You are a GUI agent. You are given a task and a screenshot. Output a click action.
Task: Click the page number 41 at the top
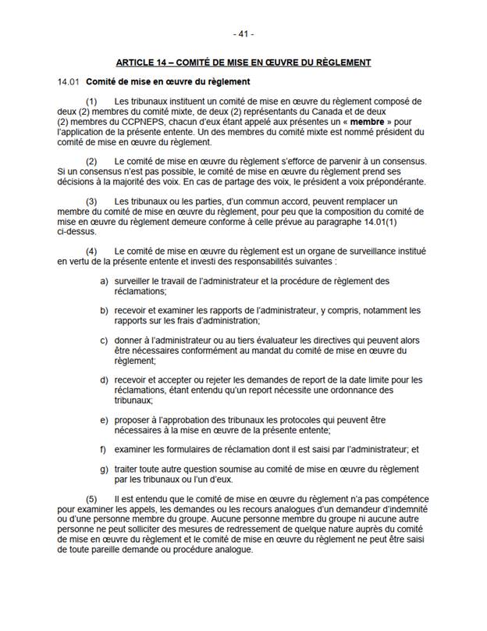coord(243,34)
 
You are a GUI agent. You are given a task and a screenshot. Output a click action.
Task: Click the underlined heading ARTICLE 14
coord(243,62)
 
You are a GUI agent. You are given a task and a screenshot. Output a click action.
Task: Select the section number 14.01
coord(68,82)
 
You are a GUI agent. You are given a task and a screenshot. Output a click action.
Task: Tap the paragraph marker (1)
coord(91,102)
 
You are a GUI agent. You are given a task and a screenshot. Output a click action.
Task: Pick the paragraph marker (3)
coord(91,201)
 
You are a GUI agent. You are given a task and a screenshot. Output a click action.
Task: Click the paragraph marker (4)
coord(91,251)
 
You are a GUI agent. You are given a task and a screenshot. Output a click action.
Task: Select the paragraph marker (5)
coord(91,498)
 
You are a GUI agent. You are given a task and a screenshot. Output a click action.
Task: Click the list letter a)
coord(105,280)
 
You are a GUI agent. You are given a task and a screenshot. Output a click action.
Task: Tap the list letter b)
coord(105,310)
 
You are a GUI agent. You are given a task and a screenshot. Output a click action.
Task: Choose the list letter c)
coord(105,340)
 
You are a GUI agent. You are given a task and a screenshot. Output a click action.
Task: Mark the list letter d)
coord(105,380)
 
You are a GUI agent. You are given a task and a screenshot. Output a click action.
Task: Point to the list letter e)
coord(105,419)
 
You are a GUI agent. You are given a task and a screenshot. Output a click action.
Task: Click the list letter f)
coord(104,449)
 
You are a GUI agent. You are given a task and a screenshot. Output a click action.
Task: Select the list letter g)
coord(105,469)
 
